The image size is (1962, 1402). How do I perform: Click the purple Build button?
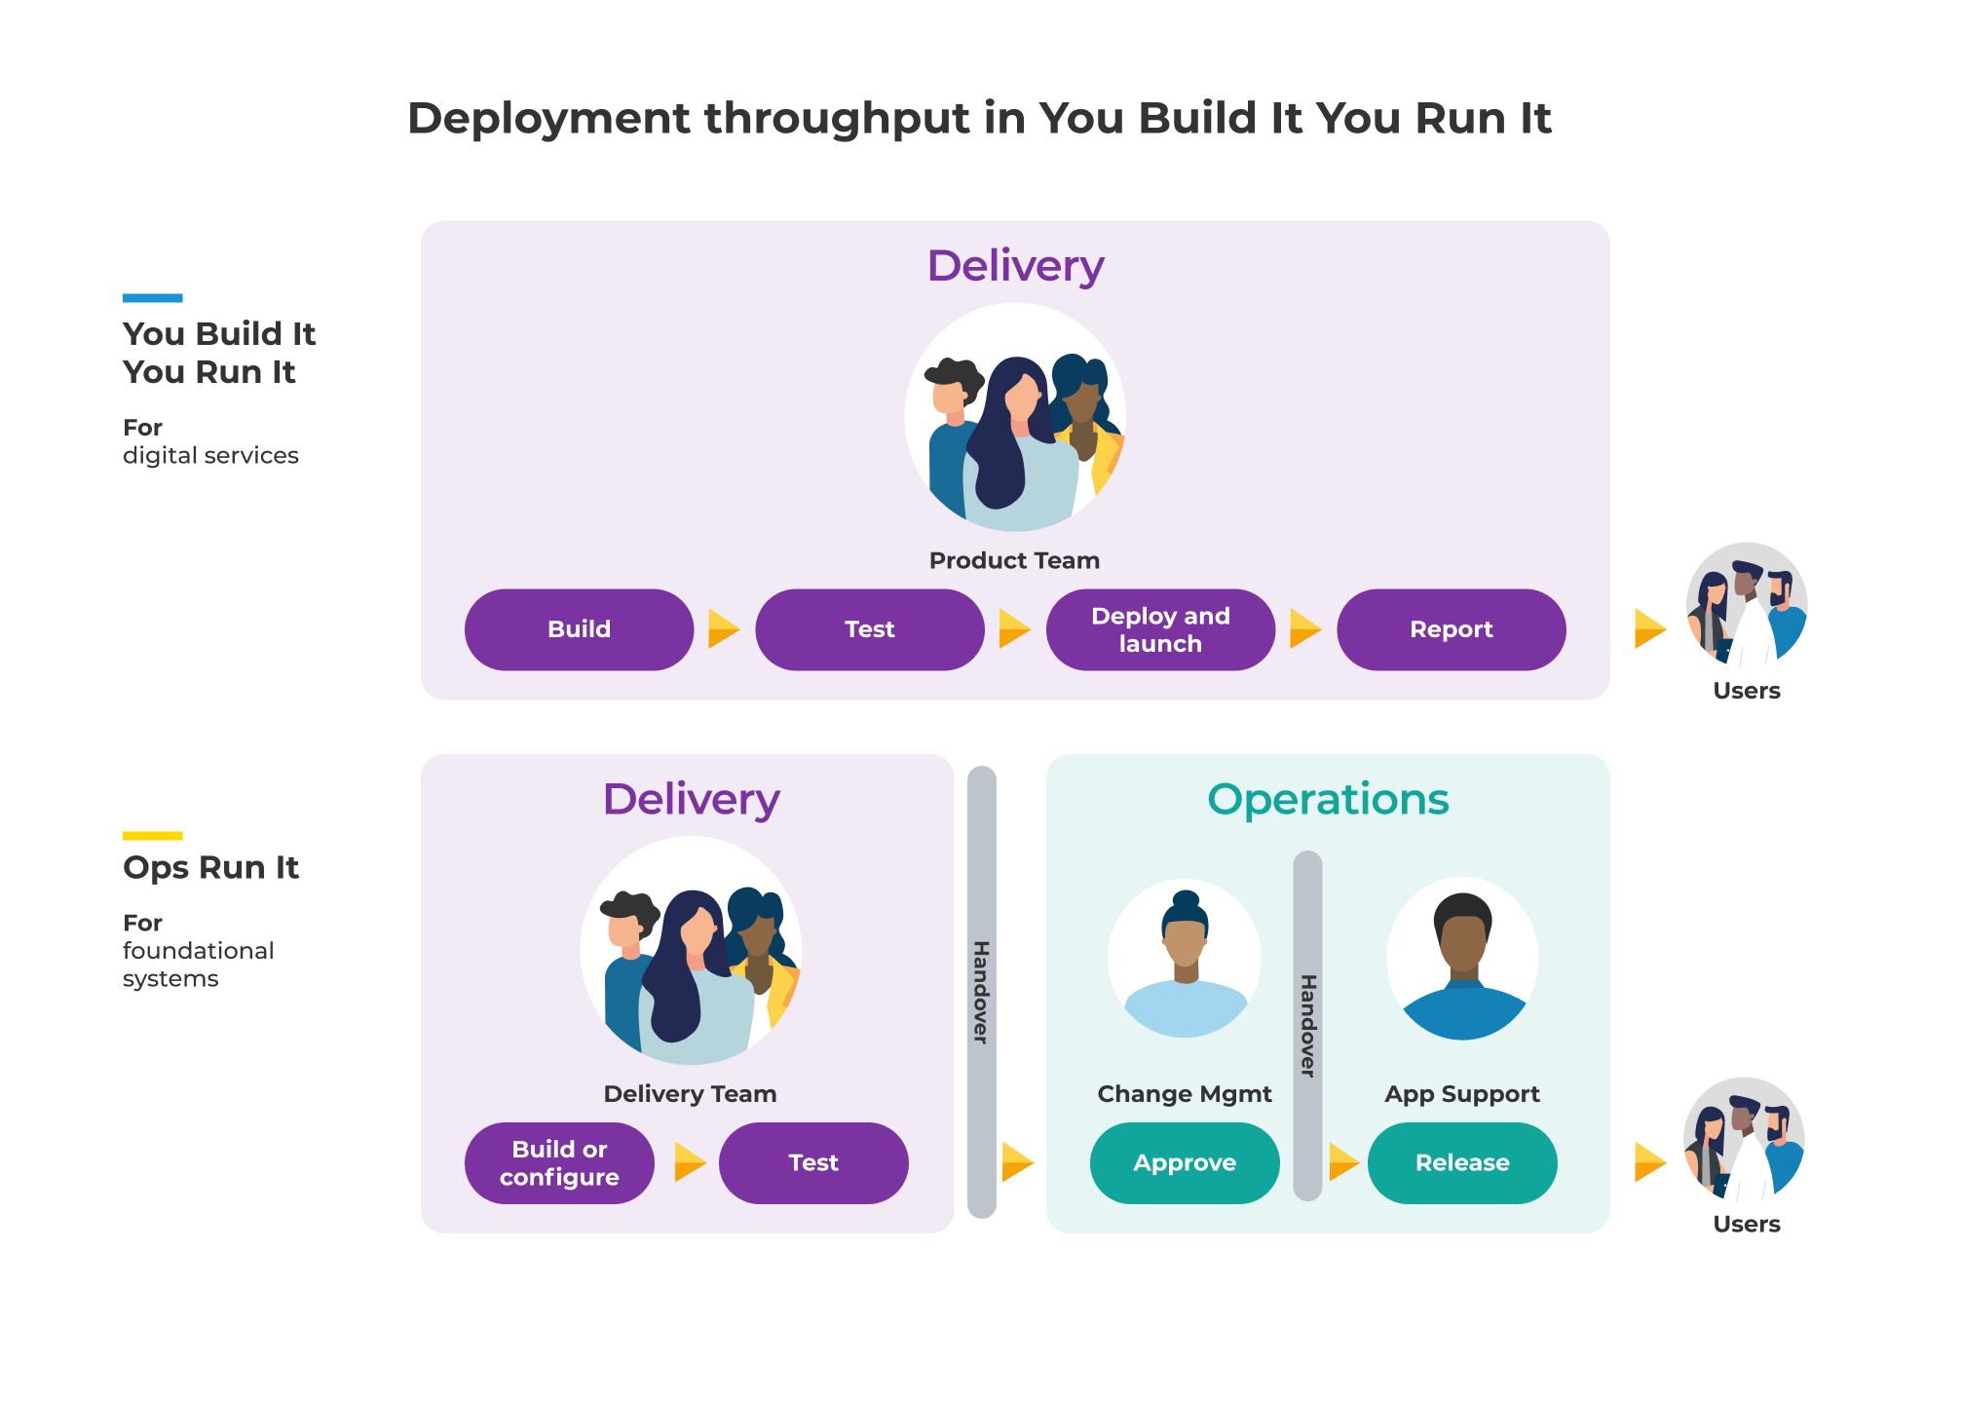click(x=579, y=629)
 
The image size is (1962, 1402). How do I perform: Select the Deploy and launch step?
click(x=1160, y=629)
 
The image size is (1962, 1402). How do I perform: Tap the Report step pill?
click(x=1452, y=629)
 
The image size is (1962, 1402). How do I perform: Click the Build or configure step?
click(x=559, y=1163)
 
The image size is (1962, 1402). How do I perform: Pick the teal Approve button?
click(x=1185, y=1163)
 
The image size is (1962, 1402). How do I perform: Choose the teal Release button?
click(x=1462, y=1163)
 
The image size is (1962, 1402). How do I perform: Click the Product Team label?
click(x=1014, y=560)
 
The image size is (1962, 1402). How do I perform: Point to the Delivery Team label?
click(x=690, y=1094)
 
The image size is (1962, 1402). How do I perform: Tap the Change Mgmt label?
click(x=1185, y=1094)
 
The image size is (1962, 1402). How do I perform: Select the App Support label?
click(x=1462, y=1094)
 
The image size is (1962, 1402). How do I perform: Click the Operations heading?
click(x=1328, y=800)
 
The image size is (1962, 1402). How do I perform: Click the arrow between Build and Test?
click(x=724, y=628)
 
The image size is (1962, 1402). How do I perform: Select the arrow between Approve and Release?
click(x=1344, y=1162)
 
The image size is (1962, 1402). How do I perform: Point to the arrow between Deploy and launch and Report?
click(x=1305, y=628)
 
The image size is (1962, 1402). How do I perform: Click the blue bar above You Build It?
click(x=152, y=298)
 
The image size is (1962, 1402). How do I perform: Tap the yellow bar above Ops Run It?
click(x=152, y=836)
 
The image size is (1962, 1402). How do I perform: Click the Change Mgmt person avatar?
click(x=1185, y=959)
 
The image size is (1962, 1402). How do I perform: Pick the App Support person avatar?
click(x=1462, y=959)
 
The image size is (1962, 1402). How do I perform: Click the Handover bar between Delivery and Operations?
click(x=982, y=992)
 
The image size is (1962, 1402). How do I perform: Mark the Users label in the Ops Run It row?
click(x=1747, y=1225)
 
